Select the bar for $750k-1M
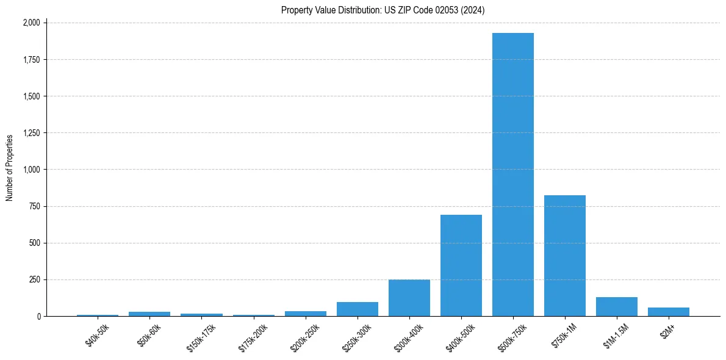point(565,256)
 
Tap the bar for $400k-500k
point(461,265)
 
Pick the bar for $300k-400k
point(409,298)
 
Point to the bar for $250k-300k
point(358,309)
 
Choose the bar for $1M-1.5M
point(617,307)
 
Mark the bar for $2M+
point(669,312)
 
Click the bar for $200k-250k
point(306,314)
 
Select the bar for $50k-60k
point(149,314)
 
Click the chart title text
point(383,10)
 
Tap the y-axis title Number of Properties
point(10,168)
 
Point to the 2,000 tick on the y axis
point(31,23)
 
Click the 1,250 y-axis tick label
point(31,133)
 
